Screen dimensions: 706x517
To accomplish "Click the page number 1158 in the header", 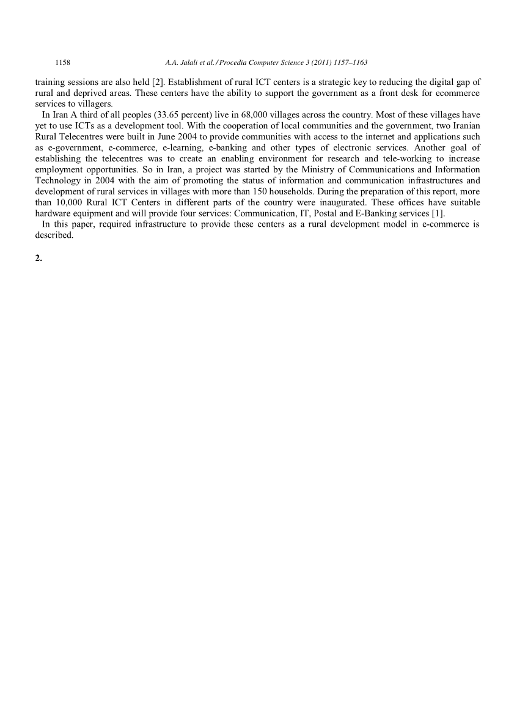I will pos(63,62).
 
